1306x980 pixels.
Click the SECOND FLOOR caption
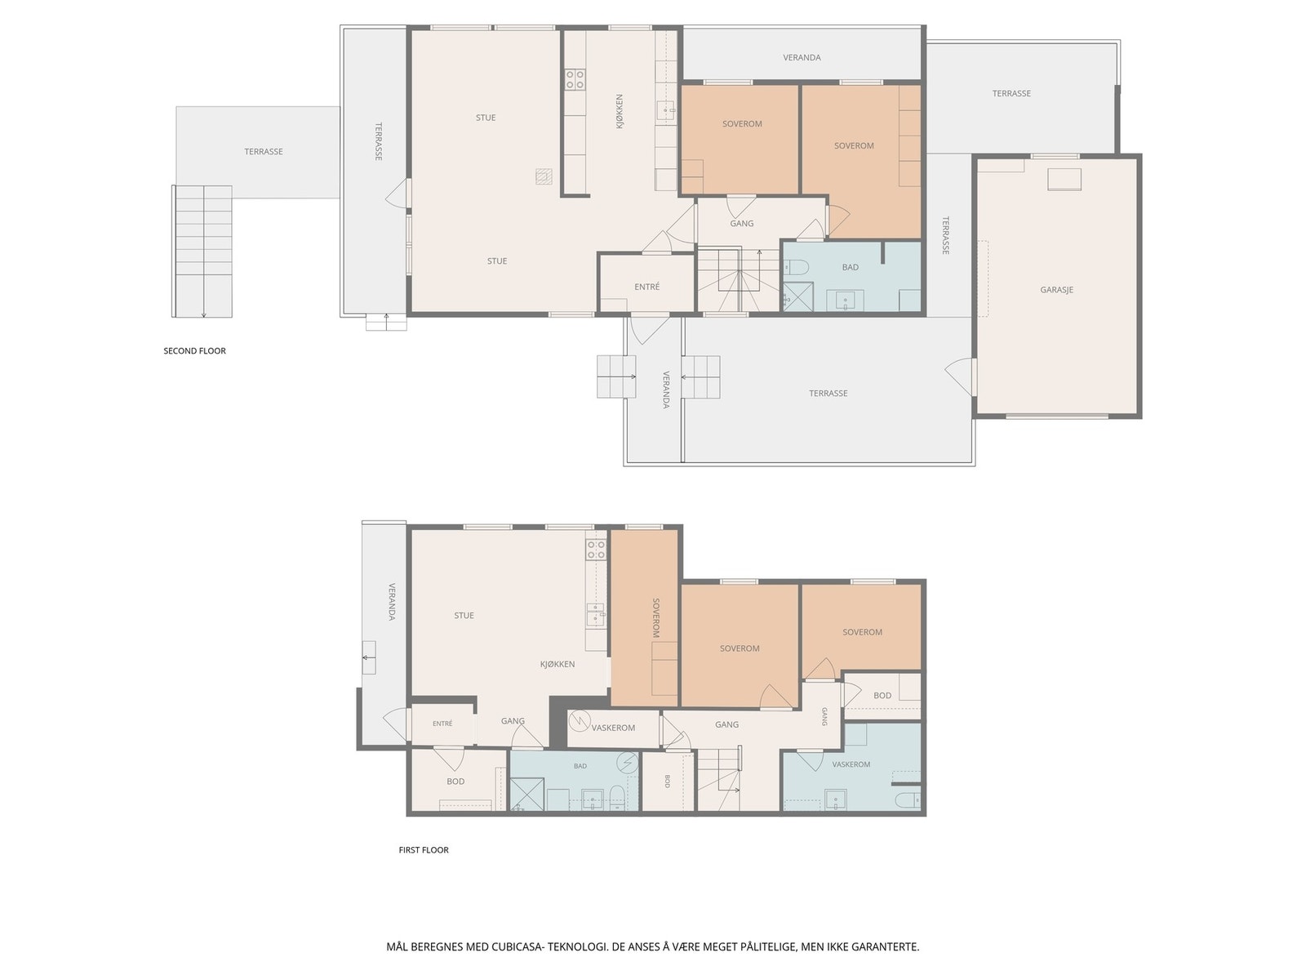(x=194, y=351)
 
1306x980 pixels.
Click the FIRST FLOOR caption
(x=424, y=850)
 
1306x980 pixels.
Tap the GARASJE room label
(x=1057, y=290)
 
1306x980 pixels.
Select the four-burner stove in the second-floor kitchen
(x=575, y=80)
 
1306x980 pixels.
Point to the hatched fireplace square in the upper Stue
(x=544, y=176)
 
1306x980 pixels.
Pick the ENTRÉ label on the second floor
(x=646, y=287)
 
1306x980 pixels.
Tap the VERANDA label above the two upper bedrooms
(x=802, y=58)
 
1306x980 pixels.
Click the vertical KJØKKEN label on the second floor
(x=620, y=111)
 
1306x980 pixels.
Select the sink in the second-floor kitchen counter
(x=666, y=111)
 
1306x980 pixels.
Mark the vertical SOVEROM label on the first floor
(x=655, y=618)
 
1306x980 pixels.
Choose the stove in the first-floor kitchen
(x=596, y=550)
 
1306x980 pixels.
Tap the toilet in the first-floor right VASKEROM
(x=908, y=799)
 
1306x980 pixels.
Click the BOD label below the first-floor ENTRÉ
(x=455, y=782)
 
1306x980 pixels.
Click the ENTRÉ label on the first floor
(x=442, y=724)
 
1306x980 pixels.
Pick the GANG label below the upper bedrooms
(x=742, y=224)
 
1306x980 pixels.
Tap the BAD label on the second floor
(x=851, y=268)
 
